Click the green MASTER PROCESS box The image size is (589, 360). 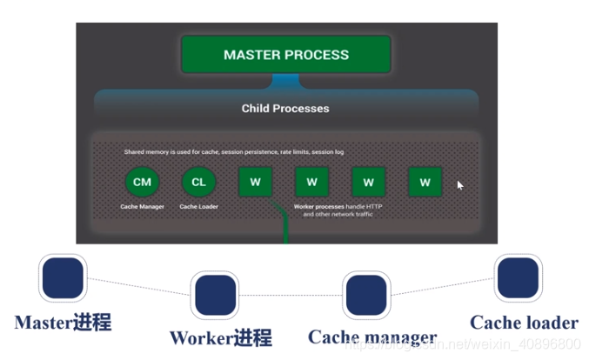286,54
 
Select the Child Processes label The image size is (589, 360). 285,109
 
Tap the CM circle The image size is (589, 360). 142,182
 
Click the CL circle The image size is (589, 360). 198,182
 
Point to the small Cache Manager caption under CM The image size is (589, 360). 142,206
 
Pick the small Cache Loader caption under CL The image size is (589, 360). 198,206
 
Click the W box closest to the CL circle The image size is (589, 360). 255,183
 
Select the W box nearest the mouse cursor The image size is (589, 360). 425,183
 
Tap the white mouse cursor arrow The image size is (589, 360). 460,184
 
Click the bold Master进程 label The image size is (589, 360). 63,323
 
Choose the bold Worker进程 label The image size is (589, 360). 220,337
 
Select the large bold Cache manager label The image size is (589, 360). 372,337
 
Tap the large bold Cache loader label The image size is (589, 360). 524,323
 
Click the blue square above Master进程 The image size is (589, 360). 63,278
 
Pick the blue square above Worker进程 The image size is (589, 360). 215,296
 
